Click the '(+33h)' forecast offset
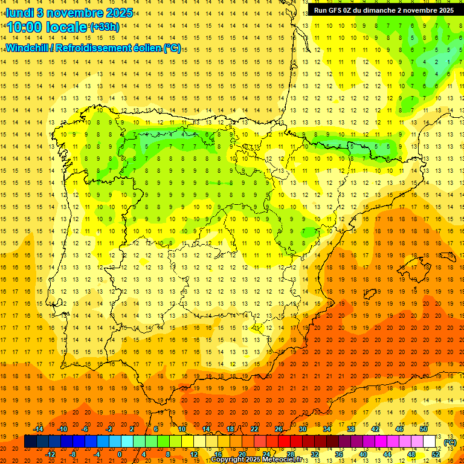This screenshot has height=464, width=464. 105,27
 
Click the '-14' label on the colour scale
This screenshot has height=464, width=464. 38,430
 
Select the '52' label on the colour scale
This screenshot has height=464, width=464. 436,454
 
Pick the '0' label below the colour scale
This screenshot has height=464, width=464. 120,454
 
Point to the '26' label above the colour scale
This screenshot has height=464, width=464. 279,430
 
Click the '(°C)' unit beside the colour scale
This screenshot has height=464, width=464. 450,442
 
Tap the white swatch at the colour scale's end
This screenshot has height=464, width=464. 430,442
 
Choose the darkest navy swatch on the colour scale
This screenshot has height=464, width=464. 30,442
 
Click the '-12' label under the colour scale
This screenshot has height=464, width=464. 51,454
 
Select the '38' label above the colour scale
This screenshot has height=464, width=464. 351,430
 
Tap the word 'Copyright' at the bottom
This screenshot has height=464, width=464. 228,460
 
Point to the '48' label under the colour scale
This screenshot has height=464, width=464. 411,454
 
